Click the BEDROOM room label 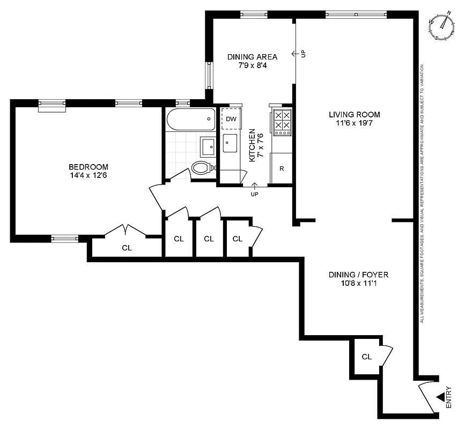[88, 167]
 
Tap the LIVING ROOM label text [355, 114]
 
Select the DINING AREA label [252, 57]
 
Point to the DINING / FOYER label [358, 275]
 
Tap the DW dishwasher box [231, 119]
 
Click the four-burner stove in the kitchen [282, 121]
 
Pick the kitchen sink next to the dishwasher [231, 143]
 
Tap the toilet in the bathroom [202, 168]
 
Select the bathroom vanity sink [208, 145]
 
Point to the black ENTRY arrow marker [441, 397]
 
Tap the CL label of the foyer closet [367, 357]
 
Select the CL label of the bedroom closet [127, 248]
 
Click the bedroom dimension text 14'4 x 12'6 [88, 175]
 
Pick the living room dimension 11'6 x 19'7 [355, 123]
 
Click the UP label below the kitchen [254, 194]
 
